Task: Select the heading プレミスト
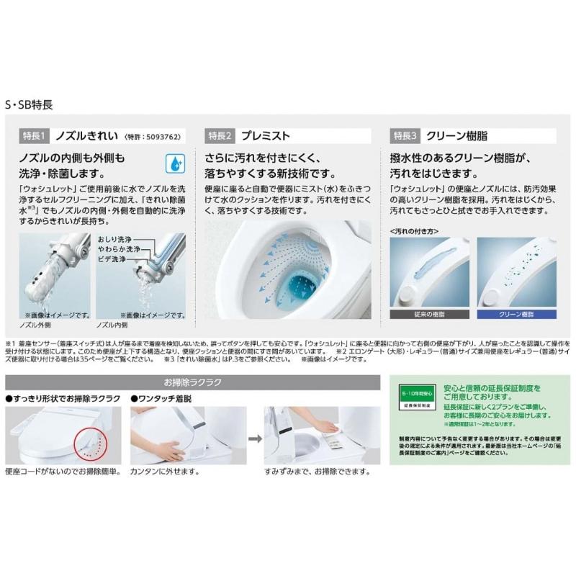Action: [266, 135]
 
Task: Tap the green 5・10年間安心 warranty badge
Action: [417, 397]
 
